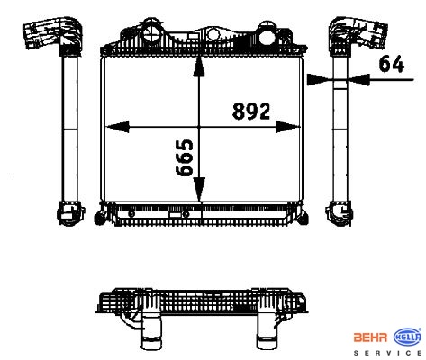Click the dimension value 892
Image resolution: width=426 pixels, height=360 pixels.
tap(251, 111)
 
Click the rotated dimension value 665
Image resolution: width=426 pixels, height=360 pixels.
tap(184, 157)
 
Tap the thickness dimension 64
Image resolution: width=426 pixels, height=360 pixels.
tap(391, 64)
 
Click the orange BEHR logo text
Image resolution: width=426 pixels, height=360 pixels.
tap(371, 337)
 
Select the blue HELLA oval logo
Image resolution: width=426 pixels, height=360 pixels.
tap(407, 337)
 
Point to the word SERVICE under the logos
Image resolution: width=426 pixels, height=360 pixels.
tap(388, 353)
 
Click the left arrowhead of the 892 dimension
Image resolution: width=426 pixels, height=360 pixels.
tap(117, 127)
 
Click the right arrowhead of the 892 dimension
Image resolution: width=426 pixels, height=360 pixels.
tap(287, 127)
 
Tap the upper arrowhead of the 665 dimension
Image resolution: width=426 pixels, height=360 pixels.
tap(199, 67)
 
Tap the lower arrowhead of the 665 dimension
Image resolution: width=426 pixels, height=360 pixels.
tap(199, 189)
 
